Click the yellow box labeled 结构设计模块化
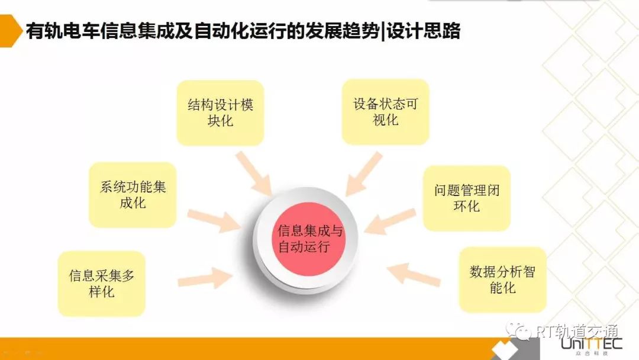pyautogui.click(x=220, y=113)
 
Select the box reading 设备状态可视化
pyautogui.click(x=385, y=112)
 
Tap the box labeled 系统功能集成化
pyautogui.click(x=133, y=195)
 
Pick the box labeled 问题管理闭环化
pyautogui.click(x=466, y=198)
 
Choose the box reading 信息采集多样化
pyautogui.click(x=101, y=284)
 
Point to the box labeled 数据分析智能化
pyautogui.click(x=502, y=280)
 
